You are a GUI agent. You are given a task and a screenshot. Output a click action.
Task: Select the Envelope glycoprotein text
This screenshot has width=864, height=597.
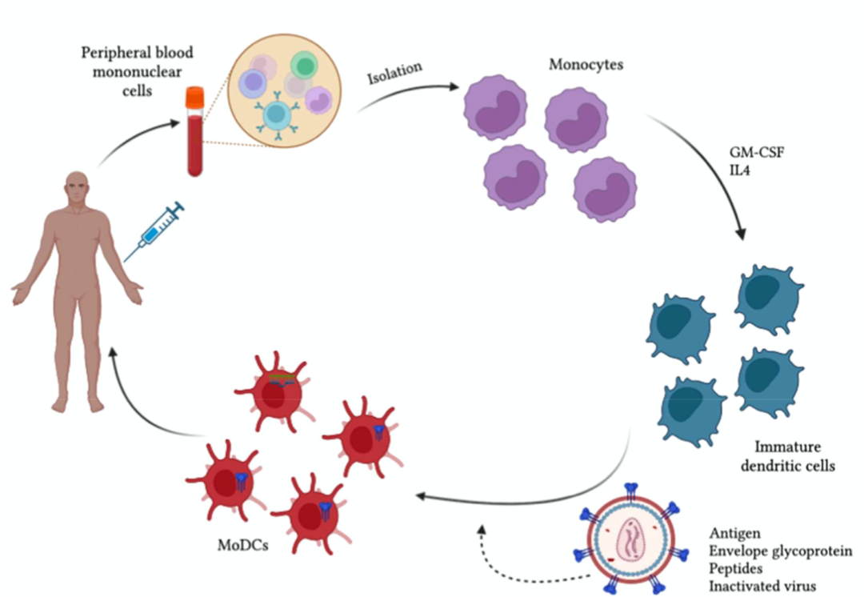tap(780, 551)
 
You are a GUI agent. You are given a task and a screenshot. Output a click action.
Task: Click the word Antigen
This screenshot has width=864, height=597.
tap(734, 532)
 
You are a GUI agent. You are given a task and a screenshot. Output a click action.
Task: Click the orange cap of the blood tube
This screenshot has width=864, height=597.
tap(194, 98)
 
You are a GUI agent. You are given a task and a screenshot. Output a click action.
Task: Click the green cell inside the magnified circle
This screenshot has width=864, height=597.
tap(304, 66)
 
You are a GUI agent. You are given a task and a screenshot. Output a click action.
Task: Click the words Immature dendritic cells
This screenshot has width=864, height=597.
tap(794, 455)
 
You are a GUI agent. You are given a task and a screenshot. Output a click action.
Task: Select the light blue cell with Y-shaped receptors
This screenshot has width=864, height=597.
tap(277, 117)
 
